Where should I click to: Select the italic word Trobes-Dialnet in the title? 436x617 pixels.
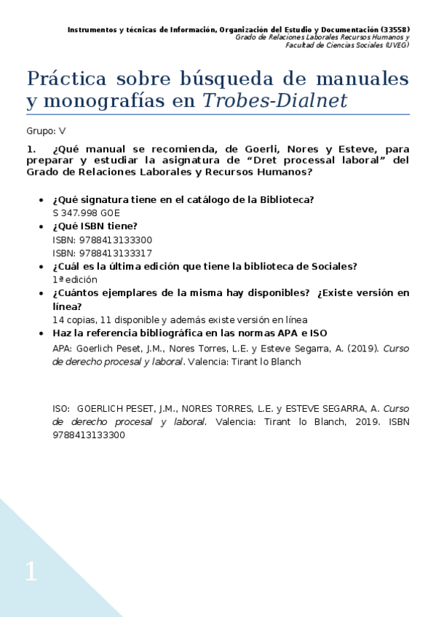click(275, 102)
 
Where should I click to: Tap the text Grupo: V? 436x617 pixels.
click(46, 131)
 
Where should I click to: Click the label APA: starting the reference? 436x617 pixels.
click(63, 348)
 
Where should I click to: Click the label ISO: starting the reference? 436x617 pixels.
click(63, 409)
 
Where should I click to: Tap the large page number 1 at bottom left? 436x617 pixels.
click(31, 572)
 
